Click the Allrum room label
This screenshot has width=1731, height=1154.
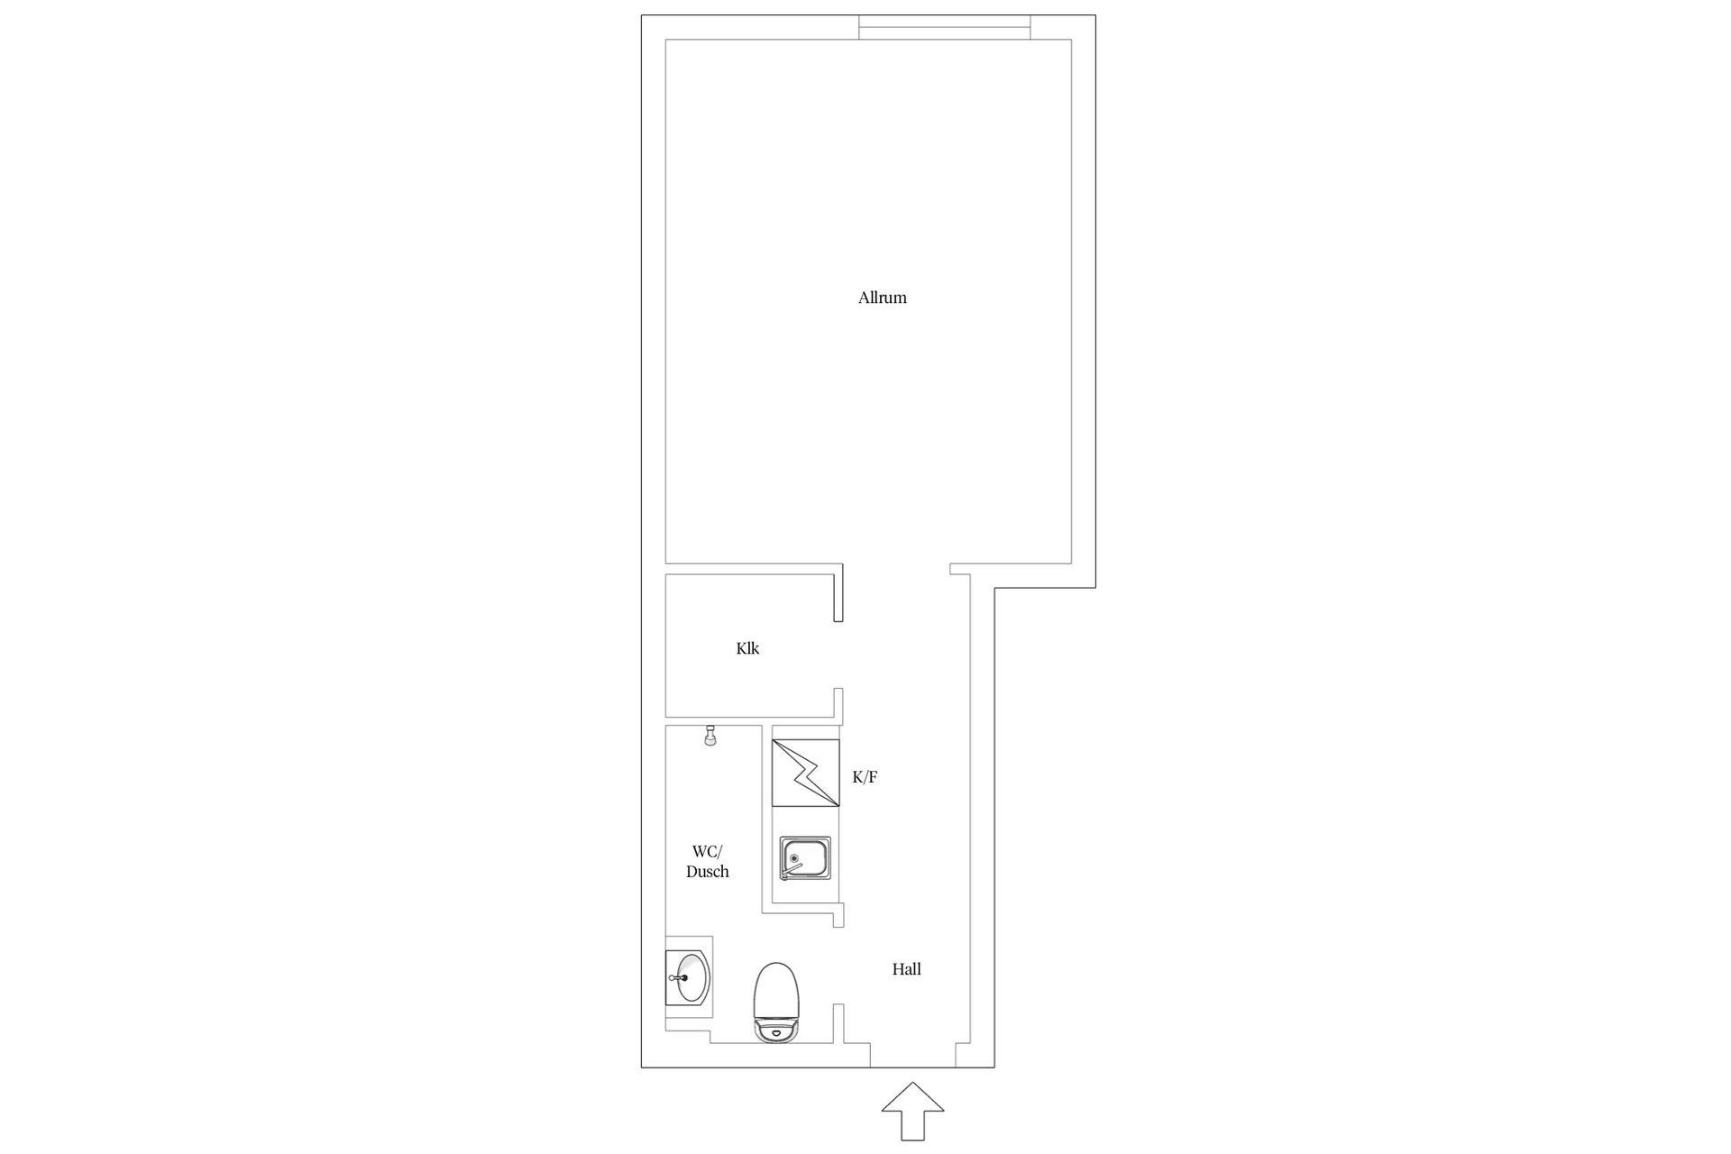882,298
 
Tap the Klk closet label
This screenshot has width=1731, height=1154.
747,648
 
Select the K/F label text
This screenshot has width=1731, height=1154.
865,777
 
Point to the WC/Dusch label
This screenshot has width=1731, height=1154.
708,862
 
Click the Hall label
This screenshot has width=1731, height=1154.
906,969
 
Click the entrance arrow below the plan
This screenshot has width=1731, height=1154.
912,1111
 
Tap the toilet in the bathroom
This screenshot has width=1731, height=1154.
775,1003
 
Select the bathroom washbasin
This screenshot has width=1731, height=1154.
689,977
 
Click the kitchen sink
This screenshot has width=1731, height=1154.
805,858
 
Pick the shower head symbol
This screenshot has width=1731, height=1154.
710,736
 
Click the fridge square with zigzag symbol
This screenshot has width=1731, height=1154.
805,774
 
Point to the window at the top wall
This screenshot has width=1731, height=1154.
944,27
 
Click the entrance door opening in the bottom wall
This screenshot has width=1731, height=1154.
912,1067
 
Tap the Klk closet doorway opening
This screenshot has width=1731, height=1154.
838,655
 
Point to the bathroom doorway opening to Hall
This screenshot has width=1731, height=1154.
838,966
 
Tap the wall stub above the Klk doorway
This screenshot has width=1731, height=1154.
838,593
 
